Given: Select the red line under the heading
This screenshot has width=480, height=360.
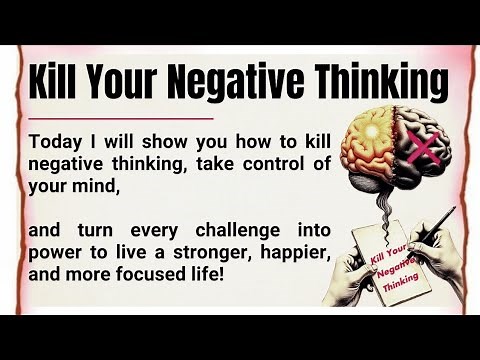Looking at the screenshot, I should pos(121,117).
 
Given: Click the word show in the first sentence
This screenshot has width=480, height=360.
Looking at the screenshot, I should pos(138,139).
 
